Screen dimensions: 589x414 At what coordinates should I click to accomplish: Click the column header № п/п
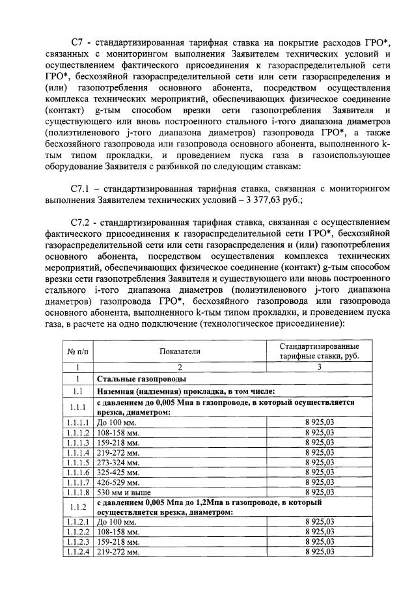78,351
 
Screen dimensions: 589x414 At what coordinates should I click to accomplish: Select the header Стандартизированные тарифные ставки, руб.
319,351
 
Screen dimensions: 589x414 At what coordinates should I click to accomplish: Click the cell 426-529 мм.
117,482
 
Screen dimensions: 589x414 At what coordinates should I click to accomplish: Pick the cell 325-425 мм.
117,472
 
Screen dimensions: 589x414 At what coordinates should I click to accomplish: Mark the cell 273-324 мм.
117,462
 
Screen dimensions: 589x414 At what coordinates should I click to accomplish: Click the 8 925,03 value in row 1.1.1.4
319,452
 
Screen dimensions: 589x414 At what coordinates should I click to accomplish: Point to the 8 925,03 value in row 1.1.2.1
319,521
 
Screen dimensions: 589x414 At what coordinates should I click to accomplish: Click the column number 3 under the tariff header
319,367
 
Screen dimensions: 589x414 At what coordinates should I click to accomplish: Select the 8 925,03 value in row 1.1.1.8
319,493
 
